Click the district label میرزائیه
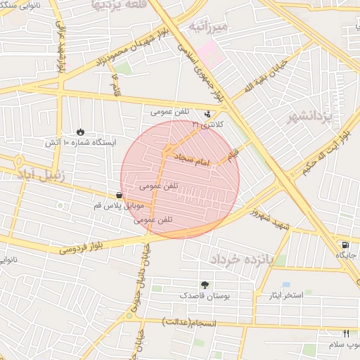210,27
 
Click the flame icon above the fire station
81,131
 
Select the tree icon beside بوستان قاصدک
205,285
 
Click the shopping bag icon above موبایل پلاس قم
118,195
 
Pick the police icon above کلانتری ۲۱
207,114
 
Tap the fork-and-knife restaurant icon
345,333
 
